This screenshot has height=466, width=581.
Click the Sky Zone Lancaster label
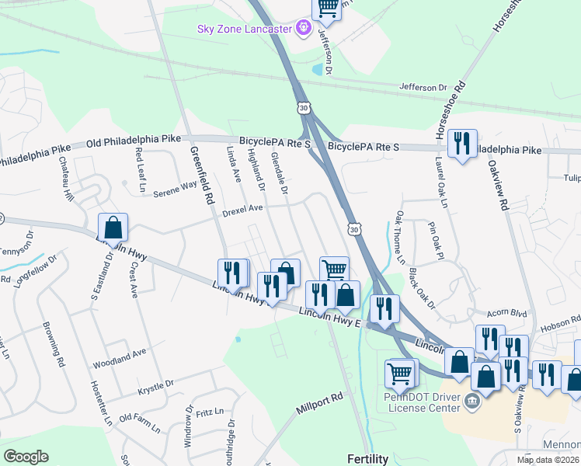[x=243, y=29]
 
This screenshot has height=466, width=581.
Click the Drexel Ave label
[x=243, y=208]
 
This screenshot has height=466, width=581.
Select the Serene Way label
[x=175, y=187]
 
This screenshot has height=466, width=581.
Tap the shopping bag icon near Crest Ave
[x=113, y=228]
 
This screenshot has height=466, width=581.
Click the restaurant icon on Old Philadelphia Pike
[x=462, y=142]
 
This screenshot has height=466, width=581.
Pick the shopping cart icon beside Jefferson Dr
[x=328, y=8]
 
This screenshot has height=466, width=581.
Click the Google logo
[x=25, y=456]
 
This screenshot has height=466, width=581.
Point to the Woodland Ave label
[x=120, y=353]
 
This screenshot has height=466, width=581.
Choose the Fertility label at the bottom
[x=367, y=459]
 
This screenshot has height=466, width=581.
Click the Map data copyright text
[x=548, y=460]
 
